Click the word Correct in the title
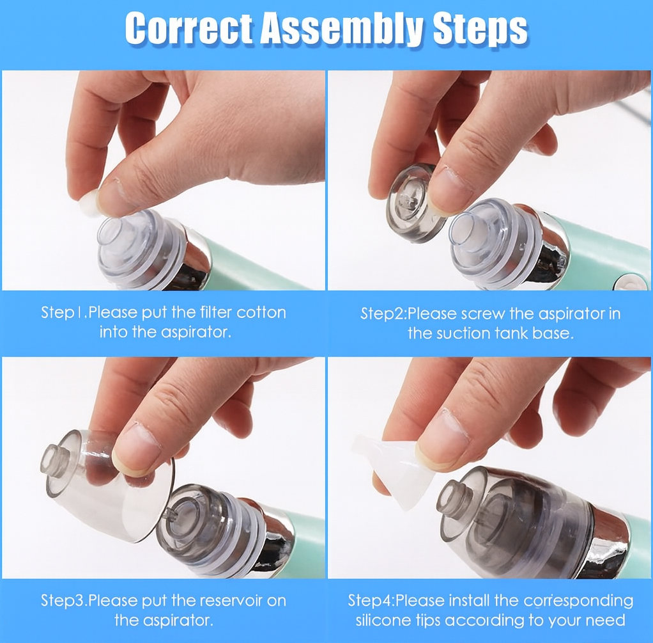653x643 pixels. pos(189,28)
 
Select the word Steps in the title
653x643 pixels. pos(480,30)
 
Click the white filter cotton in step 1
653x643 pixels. pos(90,203)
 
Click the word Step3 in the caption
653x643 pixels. pos(63,601)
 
